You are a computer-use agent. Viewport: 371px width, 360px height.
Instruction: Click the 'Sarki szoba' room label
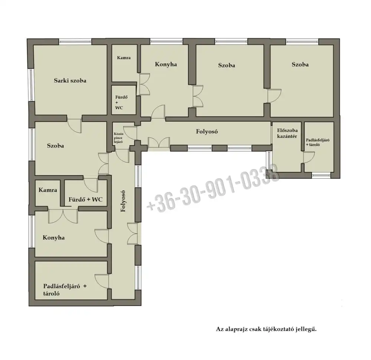[70, 80]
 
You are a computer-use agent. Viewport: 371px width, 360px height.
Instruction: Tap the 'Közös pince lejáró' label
[118, 138]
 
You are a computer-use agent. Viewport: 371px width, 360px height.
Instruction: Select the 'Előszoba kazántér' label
[287, 133]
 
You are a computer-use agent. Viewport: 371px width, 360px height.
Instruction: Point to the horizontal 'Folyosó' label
[207, 131]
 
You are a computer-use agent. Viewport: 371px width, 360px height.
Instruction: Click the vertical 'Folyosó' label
[123, 201]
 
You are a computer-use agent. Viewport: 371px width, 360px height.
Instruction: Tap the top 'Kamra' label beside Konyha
[124, 58]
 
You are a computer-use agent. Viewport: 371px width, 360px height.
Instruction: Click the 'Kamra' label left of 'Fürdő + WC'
[48, 190]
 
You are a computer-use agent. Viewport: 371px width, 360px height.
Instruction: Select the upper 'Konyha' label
[166, 64]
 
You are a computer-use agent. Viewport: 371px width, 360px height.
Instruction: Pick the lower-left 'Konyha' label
[53, 238]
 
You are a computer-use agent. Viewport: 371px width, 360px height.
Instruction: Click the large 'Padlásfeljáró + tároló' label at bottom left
[65, 290]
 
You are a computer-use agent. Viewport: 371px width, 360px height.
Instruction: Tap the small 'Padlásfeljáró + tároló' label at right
[318, 142]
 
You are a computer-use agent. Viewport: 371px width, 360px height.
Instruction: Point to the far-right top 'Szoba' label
[300, 65]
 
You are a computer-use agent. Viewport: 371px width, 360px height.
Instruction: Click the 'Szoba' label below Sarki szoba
[55, 146]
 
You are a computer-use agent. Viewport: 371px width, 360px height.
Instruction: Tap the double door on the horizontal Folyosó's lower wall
[159, 143]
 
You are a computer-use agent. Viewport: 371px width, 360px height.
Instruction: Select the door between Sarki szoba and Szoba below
[75, 124]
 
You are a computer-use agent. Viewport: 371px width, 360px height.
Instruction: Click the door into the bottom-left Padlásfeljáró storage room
[102, 281]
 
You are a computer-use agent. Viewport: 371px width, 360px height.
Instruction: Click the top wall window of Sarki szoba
[75, 42]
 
